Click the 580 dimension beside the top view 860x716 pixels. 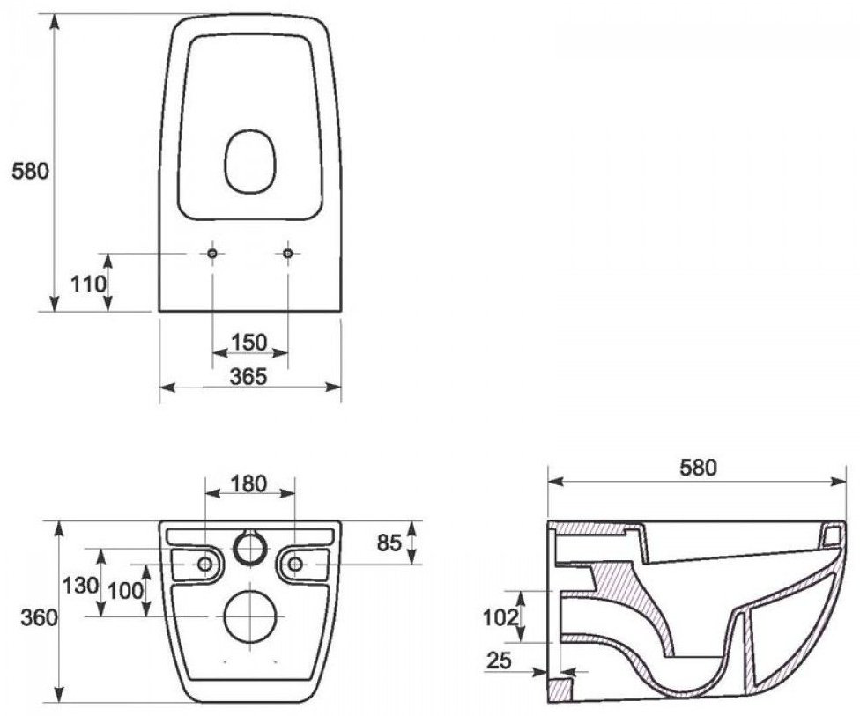[x=30, y=172]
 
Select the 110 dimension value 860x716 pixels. [x=88, y=284]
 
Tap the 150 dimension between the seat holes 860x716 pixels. [x=249, y=343]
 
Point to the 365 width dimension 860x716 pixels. [x=248, y=377]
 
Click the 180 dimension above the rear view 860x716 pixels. [x=248, y=484]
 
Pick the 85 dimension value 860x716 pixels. [x=390, y=543]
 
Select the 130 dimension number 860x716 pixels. [x=80, y=586]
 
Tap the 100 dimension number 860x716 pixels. [x=125, y=591]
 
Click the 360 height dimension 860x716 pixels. [x=39, y=618]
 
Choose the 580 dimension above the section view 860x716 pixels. [x=698, y=468]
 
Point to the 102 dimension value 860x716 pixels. [x=500, y=618]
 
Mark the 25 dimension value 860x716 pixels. [x=499, y=661]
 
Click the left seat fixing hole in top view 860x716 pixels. [x=213, y=254]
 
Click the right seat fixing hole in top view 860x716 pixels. [x=288, y=254]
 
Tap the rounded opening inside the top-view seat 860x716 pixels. [x=250, y=162]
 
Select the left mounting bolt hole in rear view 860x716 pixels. [x=205, y=564]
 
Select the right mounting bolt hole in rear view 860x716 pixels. [x=295, y=564]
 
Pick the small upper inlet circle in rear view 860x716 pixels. [x=250, y=548]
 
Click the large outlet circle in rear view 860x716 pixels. [x=250, y=617]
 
